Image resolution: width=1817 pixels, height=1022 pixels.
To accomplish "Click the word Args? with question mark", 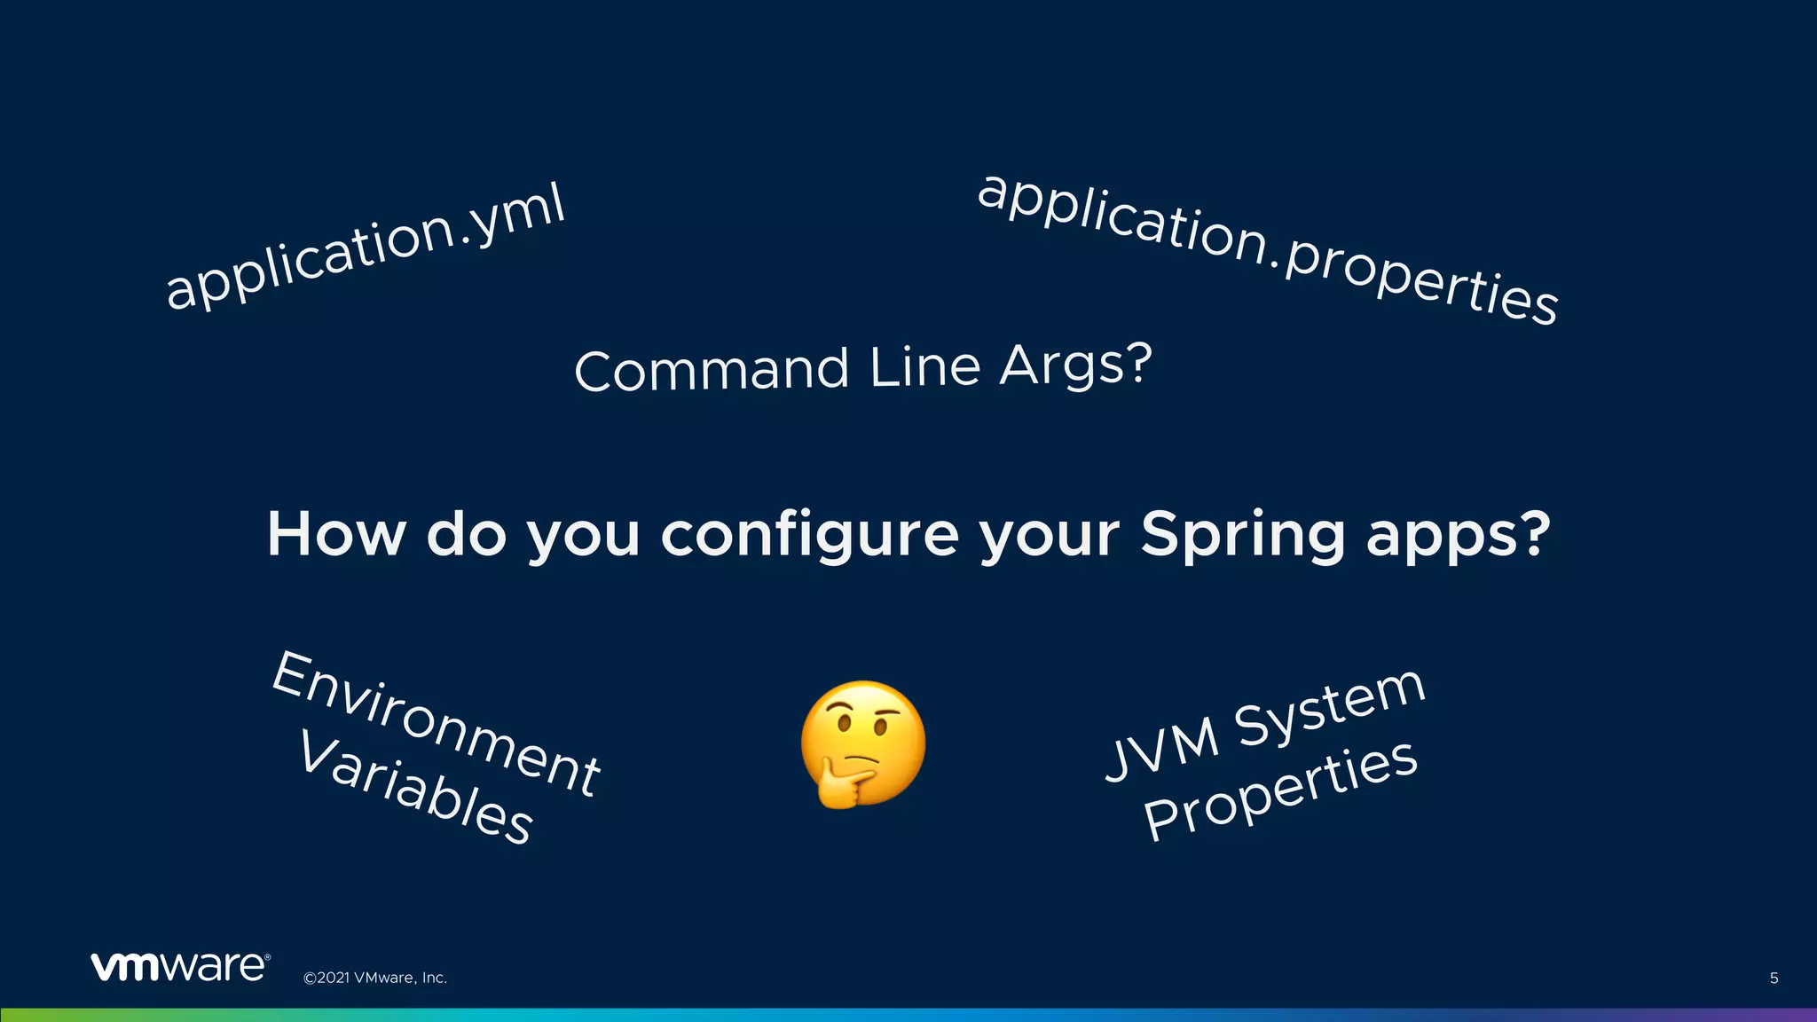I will pyautogui.click(x=1075, y=365).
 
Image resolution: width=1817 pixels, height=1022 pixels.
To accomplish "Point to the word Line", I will pyautogui.click(x=924, y=366).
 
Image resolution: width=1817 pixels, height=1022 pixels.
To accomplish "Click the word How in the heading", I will pyautogui.click(x=336, y=535).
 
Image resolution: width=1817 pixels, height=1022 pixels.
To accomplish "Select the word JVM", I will pyautogui.click(x=1161, y=749).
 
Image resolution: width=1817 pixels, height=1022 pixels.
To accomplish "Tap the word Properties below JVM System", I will pyautogui.click(x=1280, y=790).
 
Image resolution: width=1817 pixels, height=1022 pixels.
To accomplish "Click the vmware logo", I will pyautogui.click(x=179, y=967).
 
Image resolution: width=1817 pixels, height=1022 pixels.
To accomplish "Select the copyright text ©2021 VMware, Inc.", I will pyautogui.click(x=375, y=978).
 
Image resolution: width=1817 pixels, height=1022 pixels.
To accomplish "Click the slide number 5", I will pyautogui.click(x=1774, y=978).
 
